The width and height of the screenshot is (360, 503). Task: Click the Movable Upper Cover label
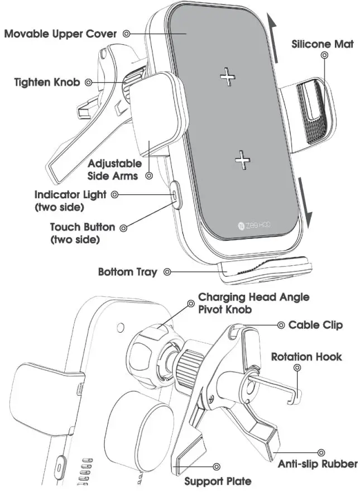pyautogui.click(x=60, y=34)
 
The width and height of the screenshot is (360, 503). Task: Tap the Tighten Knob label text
pyautogui.click(x=47, y=83)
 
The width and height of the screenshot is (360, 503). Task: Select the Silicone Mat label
pyautogui.click(x=322, y=44)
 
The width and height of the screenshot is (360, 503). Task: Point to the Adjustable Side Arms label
pyautogui.click(x=116, y=169)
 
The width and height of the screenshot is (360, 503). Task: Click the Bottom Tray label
pyautogui.click(x=127, y=272)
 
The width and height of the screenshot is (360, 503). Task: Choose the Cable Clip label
pyautogui.click(x=315, y=325)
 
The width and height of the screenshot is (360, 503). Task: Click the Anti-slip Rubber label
pyautogui.click(x=318, y=463)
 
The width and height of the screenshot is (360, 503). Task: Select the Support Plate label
pyautogui.click(x=218, y=480)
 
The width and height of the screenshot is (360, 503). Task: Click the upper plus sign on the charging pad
pyautogui.click(x=228, y=77)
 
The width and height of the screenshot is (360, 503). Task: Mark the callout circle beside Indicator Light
pyautogui.click(x=114, y=195)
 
